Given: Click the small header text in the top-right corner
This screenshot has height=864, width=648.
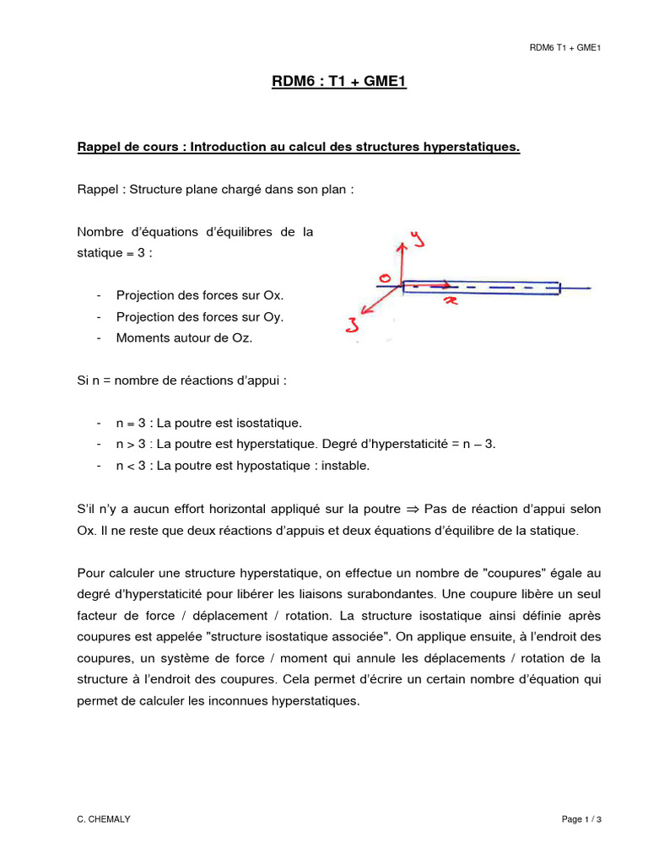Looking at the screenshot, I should click(564, 47).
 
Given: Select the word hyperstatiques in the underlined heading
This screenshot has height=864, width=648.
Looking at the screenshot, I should click(472, 148).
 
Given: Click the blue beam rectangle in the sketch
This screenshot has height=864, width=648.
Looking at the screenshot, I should click(481, 288).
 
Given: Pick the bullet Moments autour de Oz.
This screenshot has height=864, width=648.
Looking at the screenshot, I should click(184, 337).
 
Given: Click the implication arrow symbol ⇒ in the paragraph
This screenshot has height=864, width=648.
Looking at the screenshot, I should click(413, 509).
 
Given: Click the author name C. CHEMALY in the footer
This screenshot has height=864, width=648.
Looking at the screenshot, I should click(101, 819).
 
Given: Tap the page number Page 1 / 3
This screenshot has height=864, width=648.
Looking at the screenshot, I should click(581, 819).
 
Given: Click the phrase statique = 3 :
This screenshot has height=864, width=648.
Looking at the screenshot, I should click(115, 252).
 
